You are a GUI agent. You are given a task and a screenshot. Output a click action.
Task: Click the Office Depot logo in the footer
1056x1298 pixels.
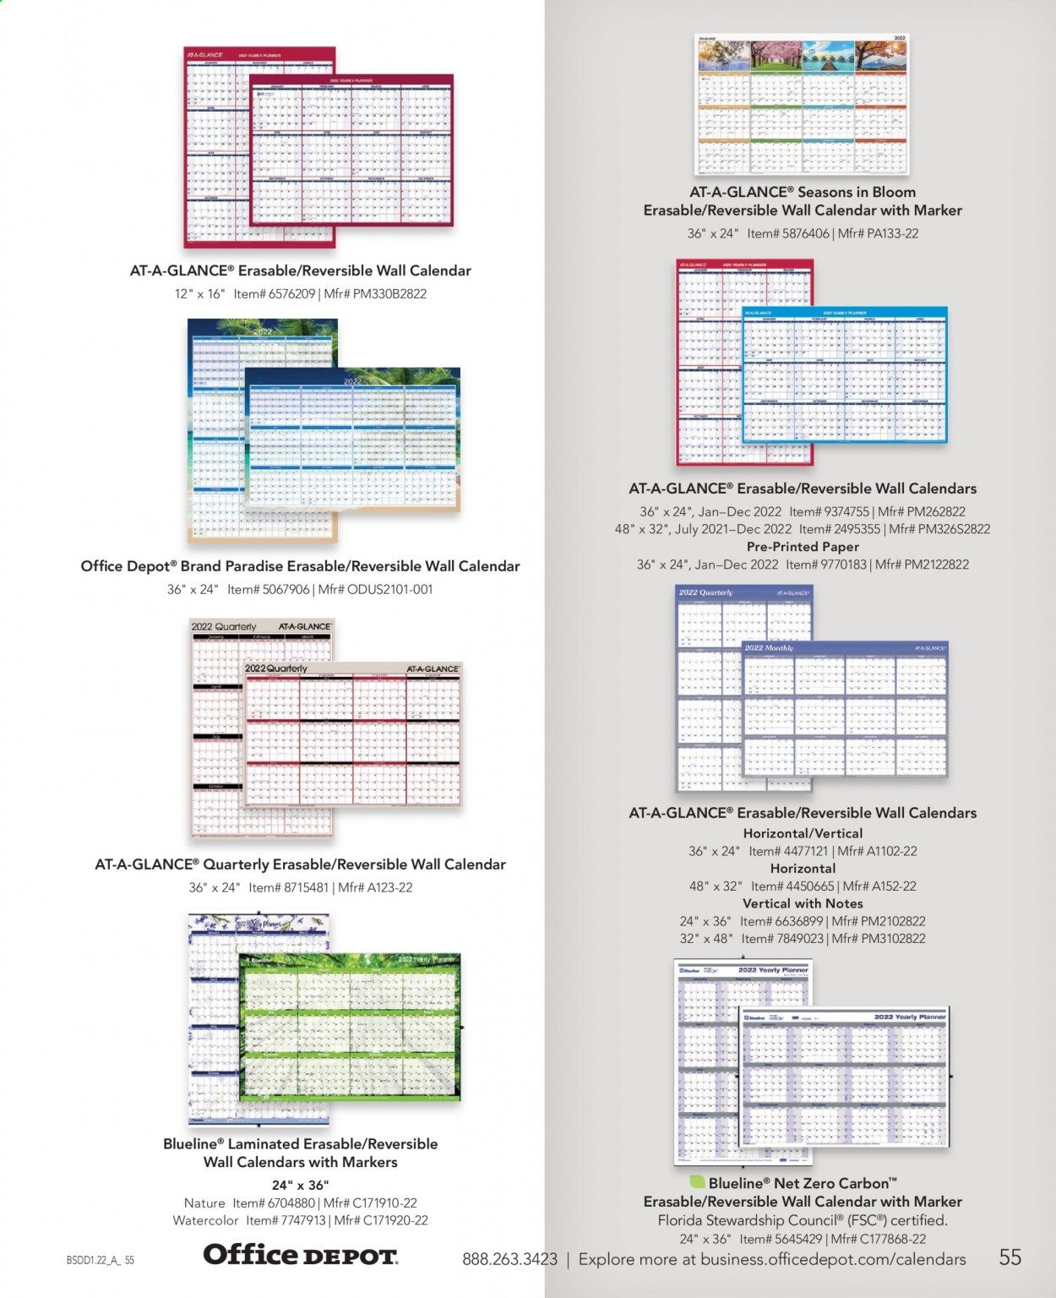coord(300,1255)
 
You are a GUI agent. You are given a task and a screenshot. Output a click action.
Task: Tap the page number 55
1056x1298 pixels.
coord(1010,1257)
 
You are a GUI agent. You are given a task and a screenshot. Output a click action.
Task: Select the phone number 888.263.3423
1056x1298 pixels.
coord(509,1259)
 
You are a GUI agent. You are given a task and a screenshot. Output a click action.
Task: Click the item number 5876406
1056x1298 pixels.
coord(801,233)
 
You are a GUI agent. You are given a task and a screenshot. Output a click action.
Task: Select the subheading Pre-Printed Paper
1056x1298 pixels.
coord(803,547)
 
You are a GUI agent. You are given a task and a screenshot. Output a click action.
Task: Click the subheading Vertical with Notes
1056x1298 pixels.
coord(803,903)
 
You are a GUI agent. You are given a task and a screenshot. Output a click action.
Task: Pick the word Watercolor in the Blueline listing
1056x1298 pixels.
coord(206,1220)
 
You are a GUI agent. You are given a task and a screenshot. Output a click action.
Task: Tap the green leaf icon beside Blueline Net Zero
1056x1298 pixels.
coord(698,1182)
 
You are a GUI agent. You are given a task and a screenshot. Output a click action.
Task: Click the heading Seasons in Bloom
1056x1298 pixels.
coord(857,192)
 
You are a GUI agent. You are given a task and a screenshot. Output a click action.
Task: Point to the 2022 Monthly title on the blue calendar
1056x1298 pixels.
coord(769,647)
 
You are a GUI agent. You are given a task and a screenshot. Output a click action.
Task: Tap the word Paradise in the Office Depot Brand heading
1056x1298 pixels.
coord(238,566)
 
